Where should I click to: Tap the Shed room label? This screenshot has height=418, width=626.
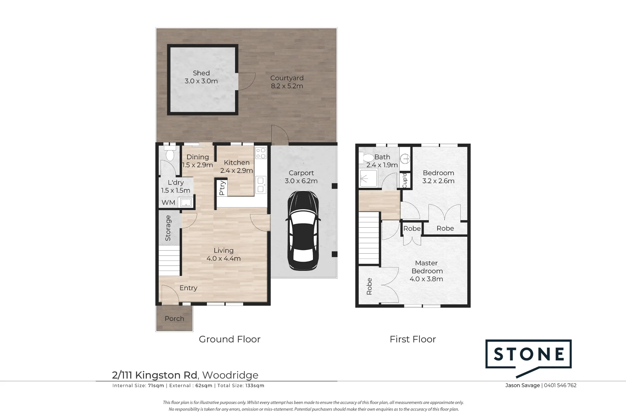tap(201, 73)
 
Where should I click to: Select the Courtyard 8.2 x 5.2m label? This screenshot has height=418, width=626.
tap(287, 82)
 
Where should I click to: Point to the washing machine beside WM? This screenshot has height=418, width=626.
tap(186, 203)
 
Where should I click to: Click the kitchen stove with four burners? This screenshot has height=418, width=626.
tap(261, 153)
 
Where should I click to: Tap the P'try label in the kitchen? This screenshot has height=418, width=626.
tap(222, 188)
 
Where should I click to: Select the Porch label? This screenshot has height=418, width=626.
tap(174, 318)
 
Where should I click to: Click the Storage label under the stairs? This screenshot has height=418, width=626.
tap(168, 228)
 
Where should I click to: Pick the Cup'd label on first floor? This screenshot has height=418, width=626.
tap(404, 180)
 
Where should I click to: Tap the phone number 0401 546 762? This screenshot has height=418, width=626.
tap(560, 385)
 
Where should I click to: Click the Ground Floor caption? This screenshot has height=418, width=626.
tap(230, 339)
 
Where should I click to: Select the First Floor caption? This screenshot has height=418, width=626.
tap(413, 339)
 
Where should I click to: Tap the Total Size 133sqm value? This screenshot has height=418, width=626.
tap(255, 386)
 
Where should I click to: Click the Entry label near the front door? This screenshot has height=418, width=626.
tap(188, 288)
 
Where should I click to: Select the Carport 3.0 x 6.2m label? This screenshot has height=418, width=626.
tap(301, 177)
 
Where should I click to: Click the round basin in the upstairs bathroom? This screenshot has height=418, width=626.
tap(406, 159)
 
